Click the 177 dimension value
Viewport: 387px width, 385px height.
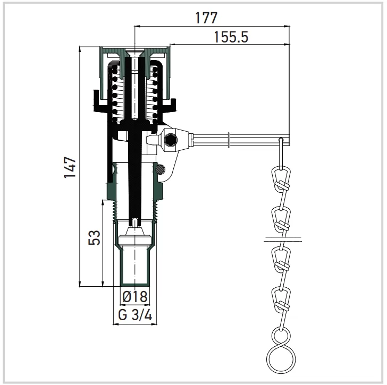[206, 18]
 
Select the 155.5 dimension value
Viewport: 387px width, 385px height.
[231, 37]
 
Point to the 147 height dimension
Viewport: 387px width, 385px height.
[70, 167]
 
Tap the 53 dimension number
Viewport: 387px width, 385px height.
[95, 237]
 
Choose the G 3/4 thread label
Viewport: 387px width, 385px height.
[135, 315]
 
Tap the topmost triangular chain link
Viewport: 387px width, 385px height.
[281, 179]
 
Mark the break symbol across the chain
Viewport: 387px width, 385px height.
[283, 239]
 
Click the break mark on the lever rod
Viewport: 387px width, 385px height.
[230, 141]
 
